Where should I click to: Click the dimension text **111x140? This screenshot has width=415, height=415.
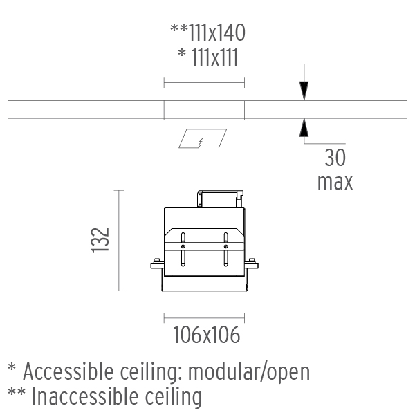click(207, 32)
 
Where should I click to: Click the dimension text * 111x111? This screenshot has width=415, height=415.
click(207, 57)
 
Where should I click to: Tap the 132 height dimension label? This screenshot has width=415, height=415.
click(101, 241)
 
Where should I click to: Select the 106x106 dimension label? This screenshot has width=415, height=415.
click(205, 336)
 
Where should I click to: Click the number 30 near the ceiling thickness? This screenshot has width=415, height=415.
click(335, 158)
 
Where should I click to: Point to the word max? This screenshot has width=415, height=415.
click(335, 182)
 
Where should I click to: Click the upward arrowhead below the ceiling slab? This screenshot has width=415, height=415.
click(303, 127)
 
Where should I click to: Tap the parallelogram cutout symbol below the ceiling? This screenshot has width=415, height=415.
click(202, 139)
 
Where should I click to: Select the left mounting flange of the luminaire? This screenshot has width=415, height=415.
click(157, 264)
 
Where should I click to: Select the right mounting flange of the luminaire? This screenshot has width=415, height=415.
click(252, 264)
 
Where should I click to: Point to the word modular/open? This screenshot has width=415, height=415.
click(248, 371)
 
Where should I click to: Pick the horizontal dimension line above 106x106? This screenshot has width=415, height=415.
click(205, 317)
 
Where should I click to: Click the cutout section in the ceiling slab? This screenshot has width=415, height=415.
click(204, 109)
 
